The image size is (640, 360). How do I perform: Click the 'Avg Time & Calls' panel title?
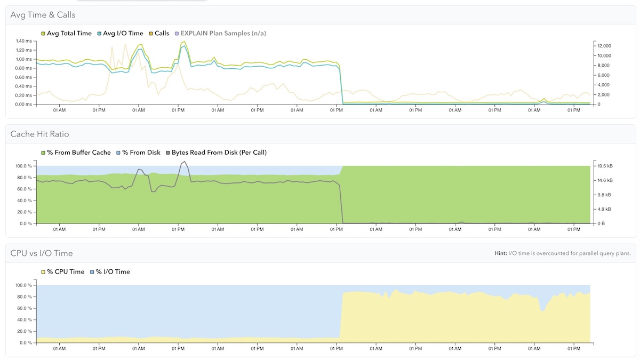(x=43, y=15)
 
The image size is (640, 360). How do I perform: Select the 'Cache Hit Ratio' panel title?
(x=39, y=134)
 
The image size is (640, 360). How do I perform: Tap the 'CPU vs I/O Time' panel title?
(x=42, y=253)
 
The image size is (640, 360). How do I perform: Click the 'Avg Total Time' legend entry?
(x=66, y=34)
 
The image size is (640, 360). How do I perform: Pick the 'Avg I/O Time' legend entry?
(x=121, y=34)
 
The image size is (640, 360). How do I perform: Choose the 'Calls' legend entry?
(x=159, y=34)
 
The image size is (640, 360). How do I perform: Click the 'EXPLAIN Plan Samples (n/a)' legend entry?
(x=221, y=34)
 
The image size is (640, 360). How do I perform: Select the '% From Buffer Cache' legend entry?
(x=76, y=153)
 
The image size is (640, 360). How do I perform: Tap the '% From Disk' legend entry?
(x=139, y=153)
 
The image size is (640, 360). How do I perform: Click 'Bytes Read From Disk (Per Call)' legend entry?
(x=217, y=153)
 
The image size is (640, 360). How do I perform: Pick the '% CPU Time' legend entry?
(x=63, y=271)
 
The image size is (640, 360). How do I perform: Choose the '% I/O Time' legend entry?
(x=110, y=271)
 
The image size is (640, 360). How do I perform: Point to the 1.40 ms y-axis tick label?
(x=24, y=41)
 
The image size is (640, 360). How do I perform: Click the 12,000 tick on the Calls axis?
(x=604, y=46)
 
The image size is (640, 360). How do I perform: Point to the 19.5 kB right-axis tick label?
(x=605, y=166)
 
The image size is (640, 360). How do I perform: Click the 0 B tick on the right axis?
(x=601, y=223)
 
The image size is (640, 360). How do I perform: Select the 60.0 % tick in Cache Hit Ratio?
(x=23, y=189)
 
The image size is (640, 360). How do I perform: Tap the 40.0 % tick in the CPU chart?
(x=23, y=319)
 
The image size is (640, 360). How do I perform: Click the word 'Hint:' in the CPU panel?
(x=501, y=253)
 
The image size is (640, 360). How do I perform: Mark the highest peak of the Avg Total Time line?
(x=185, y=42)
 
